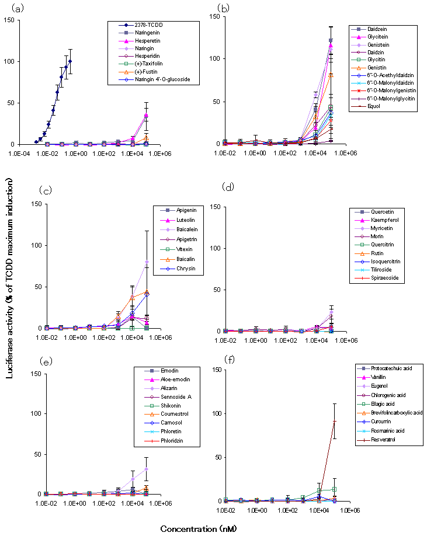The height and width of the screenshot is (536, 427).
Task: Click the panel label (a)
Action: [13, 8]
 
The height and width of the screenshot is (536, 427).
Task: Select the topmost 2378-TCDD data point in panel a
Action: [70, 61]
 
